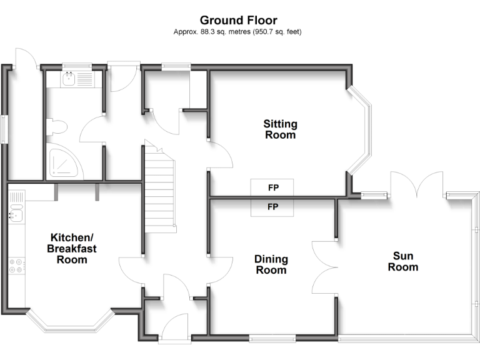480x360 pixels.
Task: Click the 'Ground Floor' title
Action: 238,21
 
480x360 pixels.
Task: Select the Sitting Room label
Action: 279,129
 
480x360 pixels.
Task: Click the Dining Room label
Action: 271,264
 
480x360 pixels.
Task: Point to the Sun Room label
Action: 402,261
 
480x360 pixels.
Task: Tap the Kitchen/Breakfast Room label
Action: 72,248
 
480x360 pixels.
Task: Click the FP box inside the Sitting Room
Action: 272,187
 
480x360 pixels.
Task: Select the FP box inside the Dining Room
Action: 272,207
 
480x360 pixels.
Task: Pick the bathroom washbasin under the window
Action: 69,79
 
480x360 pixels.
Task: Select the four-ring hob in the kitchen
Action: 16,266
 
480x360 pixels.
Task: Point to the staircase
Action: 159,187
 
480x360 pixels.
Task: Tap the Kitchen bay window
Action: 70,322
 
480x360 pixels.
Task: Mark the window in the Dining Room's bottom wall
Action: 272,339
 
